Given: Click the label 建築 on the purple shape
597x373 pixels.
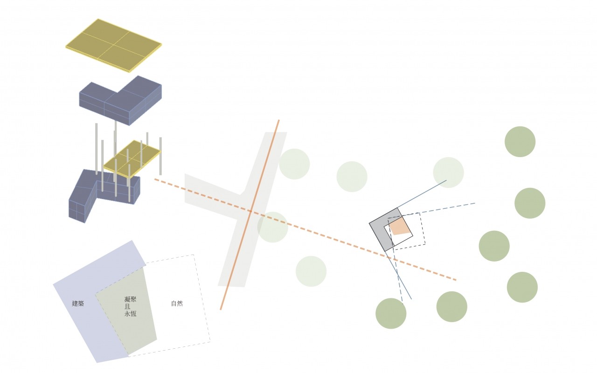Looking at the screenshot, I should (x=78, y=304).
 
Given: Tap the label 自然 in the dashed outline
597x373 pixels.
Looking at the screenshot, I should (x=177, y=304).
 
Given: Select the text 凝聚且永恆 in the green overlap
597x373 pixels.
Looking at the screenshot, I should (x=131, y=306).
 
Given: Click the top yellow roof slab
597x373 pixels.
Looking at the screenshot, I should (x=113, y=45).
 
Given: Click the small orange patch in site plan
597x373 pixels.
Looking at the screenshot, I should (x=399, y=227).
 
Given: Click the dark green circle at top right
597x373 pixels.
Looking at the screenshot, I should (x=520, y=142).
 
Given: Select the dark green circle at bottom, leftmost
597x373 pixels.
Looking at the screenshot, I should (x=391, y=313).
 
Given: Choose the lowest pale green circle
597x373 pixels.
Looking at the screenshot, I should (x=311, y=271).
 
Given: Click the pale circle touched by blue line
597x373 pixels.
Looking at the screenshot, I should (x=448, y=173).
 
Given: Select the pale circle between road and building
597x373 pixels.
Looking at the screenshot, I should (x=352, y=176).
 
